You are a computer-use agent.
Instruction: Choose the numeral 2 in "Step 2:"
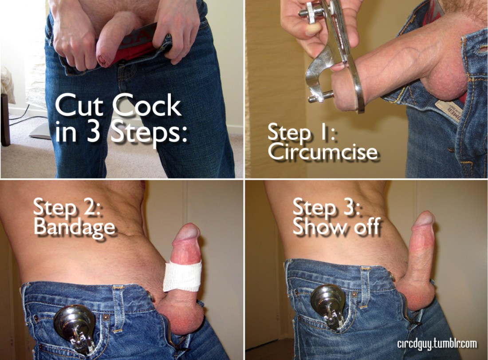pyautogui.click(x=87, y=206)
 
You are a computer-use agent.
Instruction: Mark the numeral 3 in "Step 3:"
pyautogui.click(x=347, y=206)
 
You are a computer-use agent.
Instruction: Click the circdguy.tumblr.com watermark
pyautogui.click(x=437, y=344)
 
